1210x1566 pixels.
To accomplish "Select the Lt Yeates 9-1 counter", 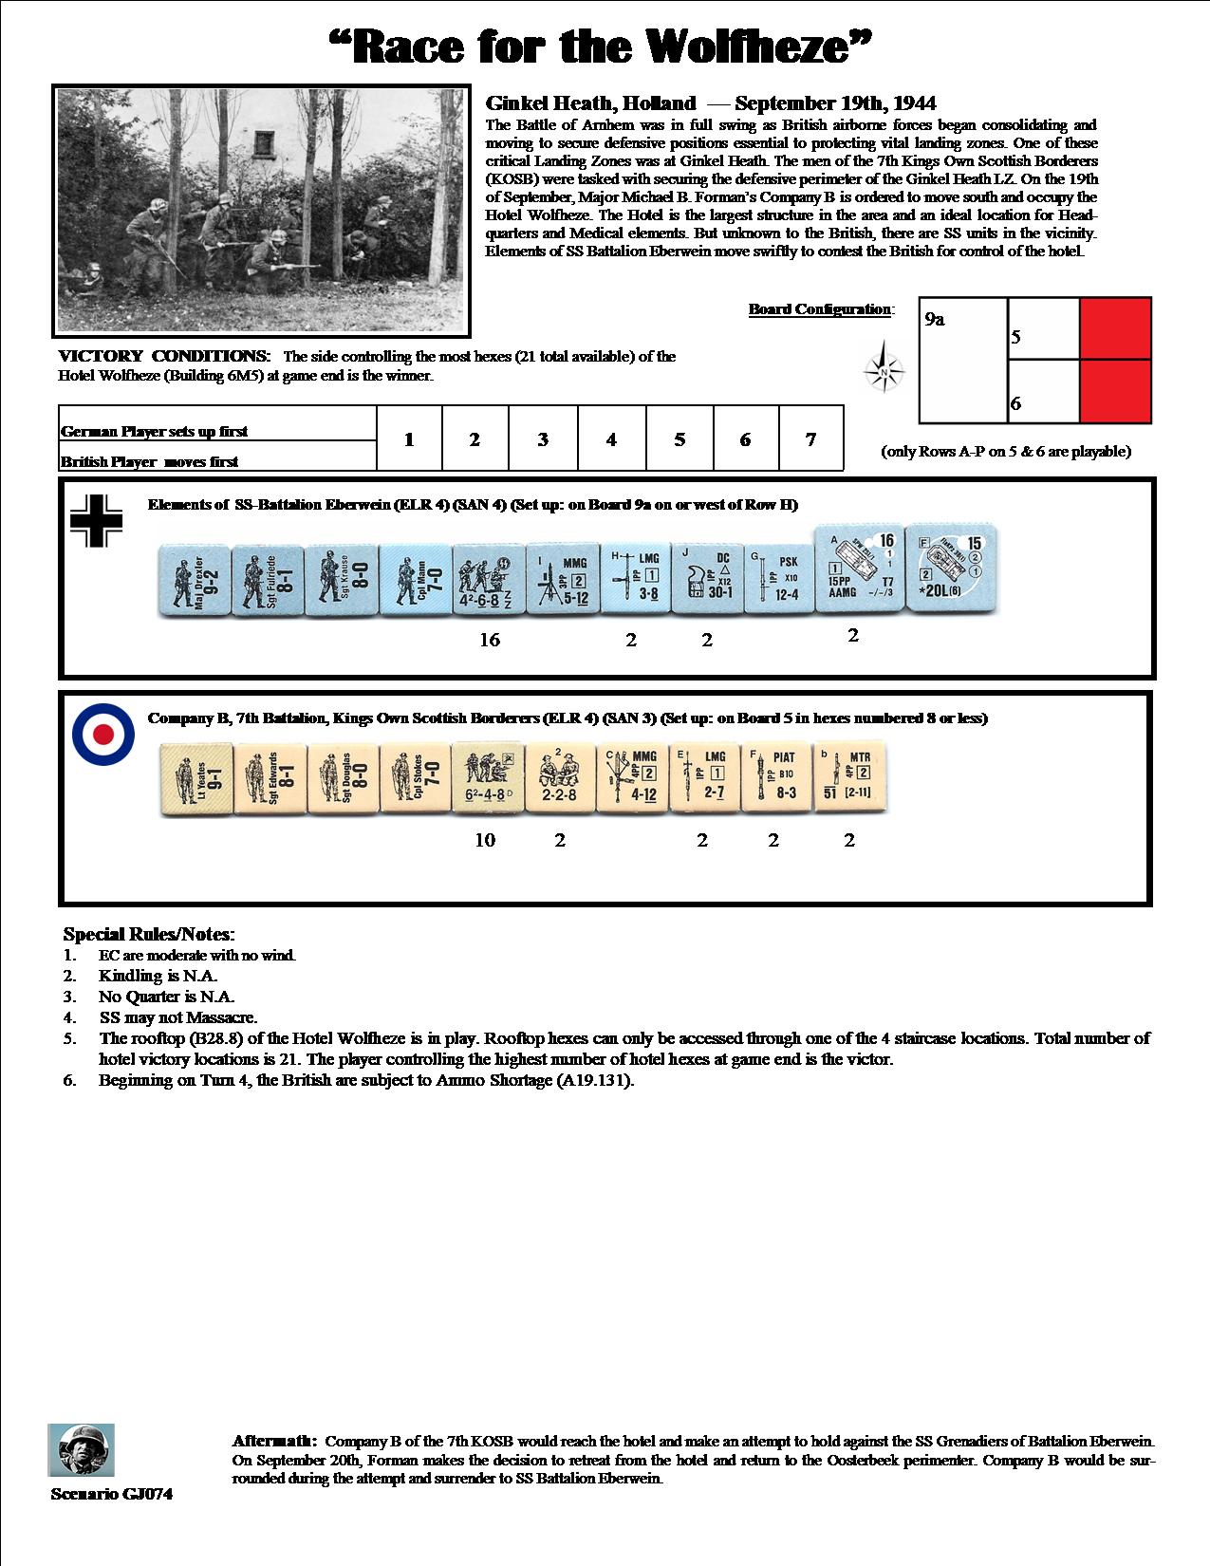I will click(x=195, y=778).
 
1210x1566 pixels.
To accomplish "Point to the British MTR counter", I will click(x=849, y=777).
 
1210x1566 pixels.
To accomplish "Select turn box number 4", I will click(x=611, y=438).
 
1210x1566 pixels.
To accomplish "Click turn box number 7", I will click(x=810, y=438).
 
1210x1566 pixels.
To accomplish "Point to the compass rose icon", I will click(x=884, y=371).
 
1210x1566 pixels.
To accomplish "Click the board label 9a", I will click(x=934, y=320).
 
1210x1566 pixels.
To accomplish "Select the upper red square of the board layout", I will click(x=1115, y=328).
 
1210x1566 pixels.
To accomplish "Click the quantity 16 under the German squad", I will click(x=490, y=640).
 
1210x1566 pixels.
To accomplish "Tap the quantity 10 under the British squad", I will click(x=485, y=840).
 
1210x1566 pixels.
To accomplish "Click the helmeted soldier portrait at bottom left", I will click(x=81, y=1449).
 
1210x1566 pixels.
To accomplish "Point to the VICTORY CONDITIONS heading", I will click(x=165, y=357).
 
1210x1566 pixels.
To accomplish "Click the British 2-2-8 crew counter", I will click(x=559, y=777).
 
